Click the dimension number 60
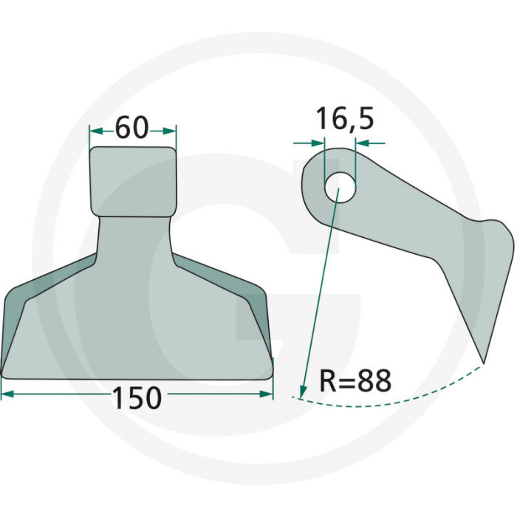click(x=133, y=129)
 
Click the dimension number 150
click(x=137, y=398)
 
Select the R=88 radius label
click(x=355, y=382)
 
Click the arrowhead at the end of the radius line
click(x=302, y=391)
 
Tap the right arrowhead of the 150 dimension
click(x=267, y=395)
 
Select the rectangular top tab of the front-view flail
click(x=134, y=179)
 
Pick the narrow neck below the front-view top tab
click(x=136, y=233)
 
